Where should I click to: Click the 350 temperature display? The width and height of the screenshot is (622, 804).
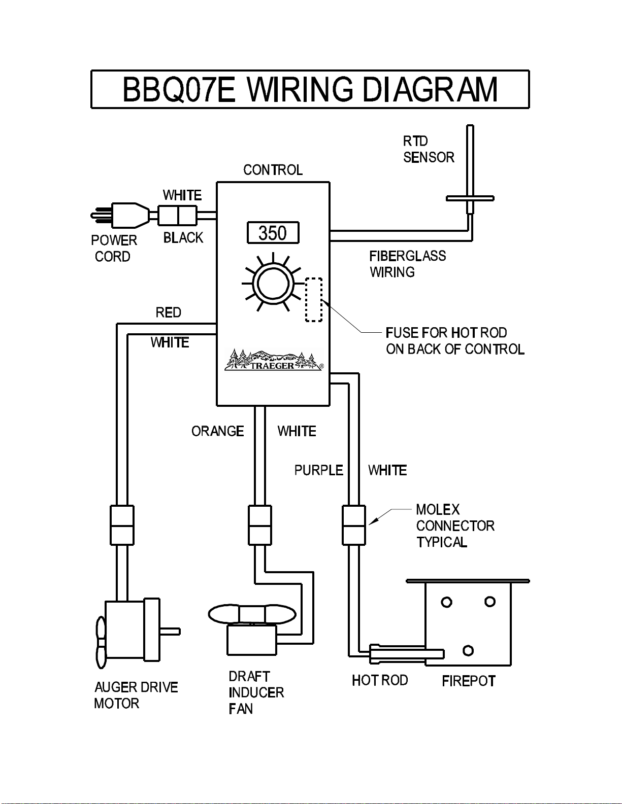pyautogui.click(x=273, y=233)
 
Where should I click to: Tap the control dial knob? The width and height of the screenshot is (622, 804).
pyautogui.click(x=273, y=284)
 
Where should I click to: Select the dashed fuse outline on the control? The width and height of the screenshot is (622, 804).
pyautogui.click(x=314, y=299)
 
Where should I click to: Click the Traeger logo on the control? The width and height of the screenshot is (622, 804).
pyautogui.click(x=274, y=360)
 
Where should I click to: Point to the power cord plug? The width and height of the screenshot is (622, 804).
pyautogui.click(x=120, y=215)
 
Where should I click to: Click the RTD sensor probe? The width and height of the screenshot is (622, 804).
pyautogui.click(x=470, y=170)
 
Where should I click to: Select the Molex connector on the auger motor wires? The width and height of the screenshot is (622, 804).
pyautogui.click(x=122, y=525)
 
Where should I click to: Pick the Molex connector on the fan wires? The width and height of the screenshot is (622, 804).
pyautogui.click(x=260, y=525)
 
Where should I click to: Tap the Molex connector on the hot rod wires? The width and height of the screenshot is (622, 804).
pyautogui.click(x=354, y=525)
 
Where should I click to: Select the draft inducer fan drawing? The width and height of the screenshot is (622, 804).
pyautogui.click(x=252, y=629)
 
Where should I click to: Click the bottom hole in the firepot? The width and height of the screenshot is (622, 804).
pyautogui.click(x=468, y=650)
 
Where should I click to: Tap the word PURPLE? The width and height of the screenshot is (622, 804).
pyautogui.click(x=319, y=470)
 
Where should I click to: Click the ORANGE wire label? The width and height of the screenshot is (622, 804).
pyautogui.click(x=218, y=431)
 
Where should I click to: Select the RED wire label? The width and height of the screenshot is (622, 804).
pyautogui.click(x=169, y=312)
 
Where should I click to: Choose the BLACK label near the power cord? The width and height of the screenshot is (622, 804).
pyautogui.click(x=183, y=237)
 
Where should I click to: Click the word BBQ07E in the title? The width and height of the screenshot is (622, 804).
pyautogui.click(x=179, y=90)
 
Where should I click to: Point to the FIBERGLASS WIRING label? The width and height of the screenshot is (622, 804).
pyautogui.click(x=408, y=264)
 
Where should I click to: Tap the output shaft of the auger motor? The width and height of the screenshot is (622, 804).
pyautogui.click(x=170, y=631)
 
